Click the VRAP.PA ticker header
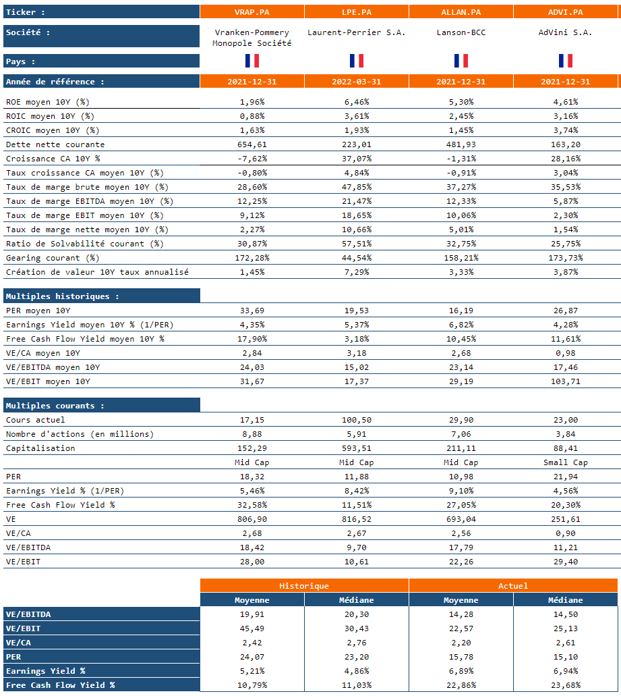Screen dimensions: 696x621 252,12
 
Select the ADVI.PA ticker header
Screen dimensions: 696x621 565,12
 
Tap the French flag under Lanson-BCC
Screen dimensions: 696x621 461,61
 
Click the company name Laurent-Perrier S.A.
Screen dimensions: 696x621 356,32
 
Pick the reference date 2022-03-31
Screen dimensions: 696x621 356,82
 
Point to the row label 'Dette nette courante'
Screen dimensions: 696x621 55,144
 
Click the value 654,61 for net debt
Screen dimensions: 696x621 252,144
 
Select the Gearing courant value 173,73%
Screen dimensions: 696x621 565,258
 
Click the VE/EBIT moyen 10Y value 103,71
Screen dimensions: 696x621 565,381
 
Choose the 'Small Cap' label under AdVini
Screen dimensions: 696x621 565,462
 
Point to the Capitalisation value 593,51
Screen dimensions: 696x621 356,448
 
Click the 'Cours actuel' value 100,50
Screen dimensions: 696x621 356,420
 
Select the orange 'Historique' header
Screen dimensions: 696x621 304,586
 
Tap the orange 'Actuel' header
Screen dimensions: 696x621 513,586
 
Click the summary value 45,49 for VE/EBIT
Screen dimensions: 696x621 252,628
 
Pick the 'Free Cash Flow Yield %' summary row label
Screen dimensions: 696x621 60,685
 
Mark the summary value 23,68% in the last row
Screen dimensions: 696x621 565,685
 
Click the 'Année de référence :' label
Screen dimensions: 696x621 55,82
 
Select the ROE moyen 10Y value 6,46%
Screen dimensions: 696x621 356,102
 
